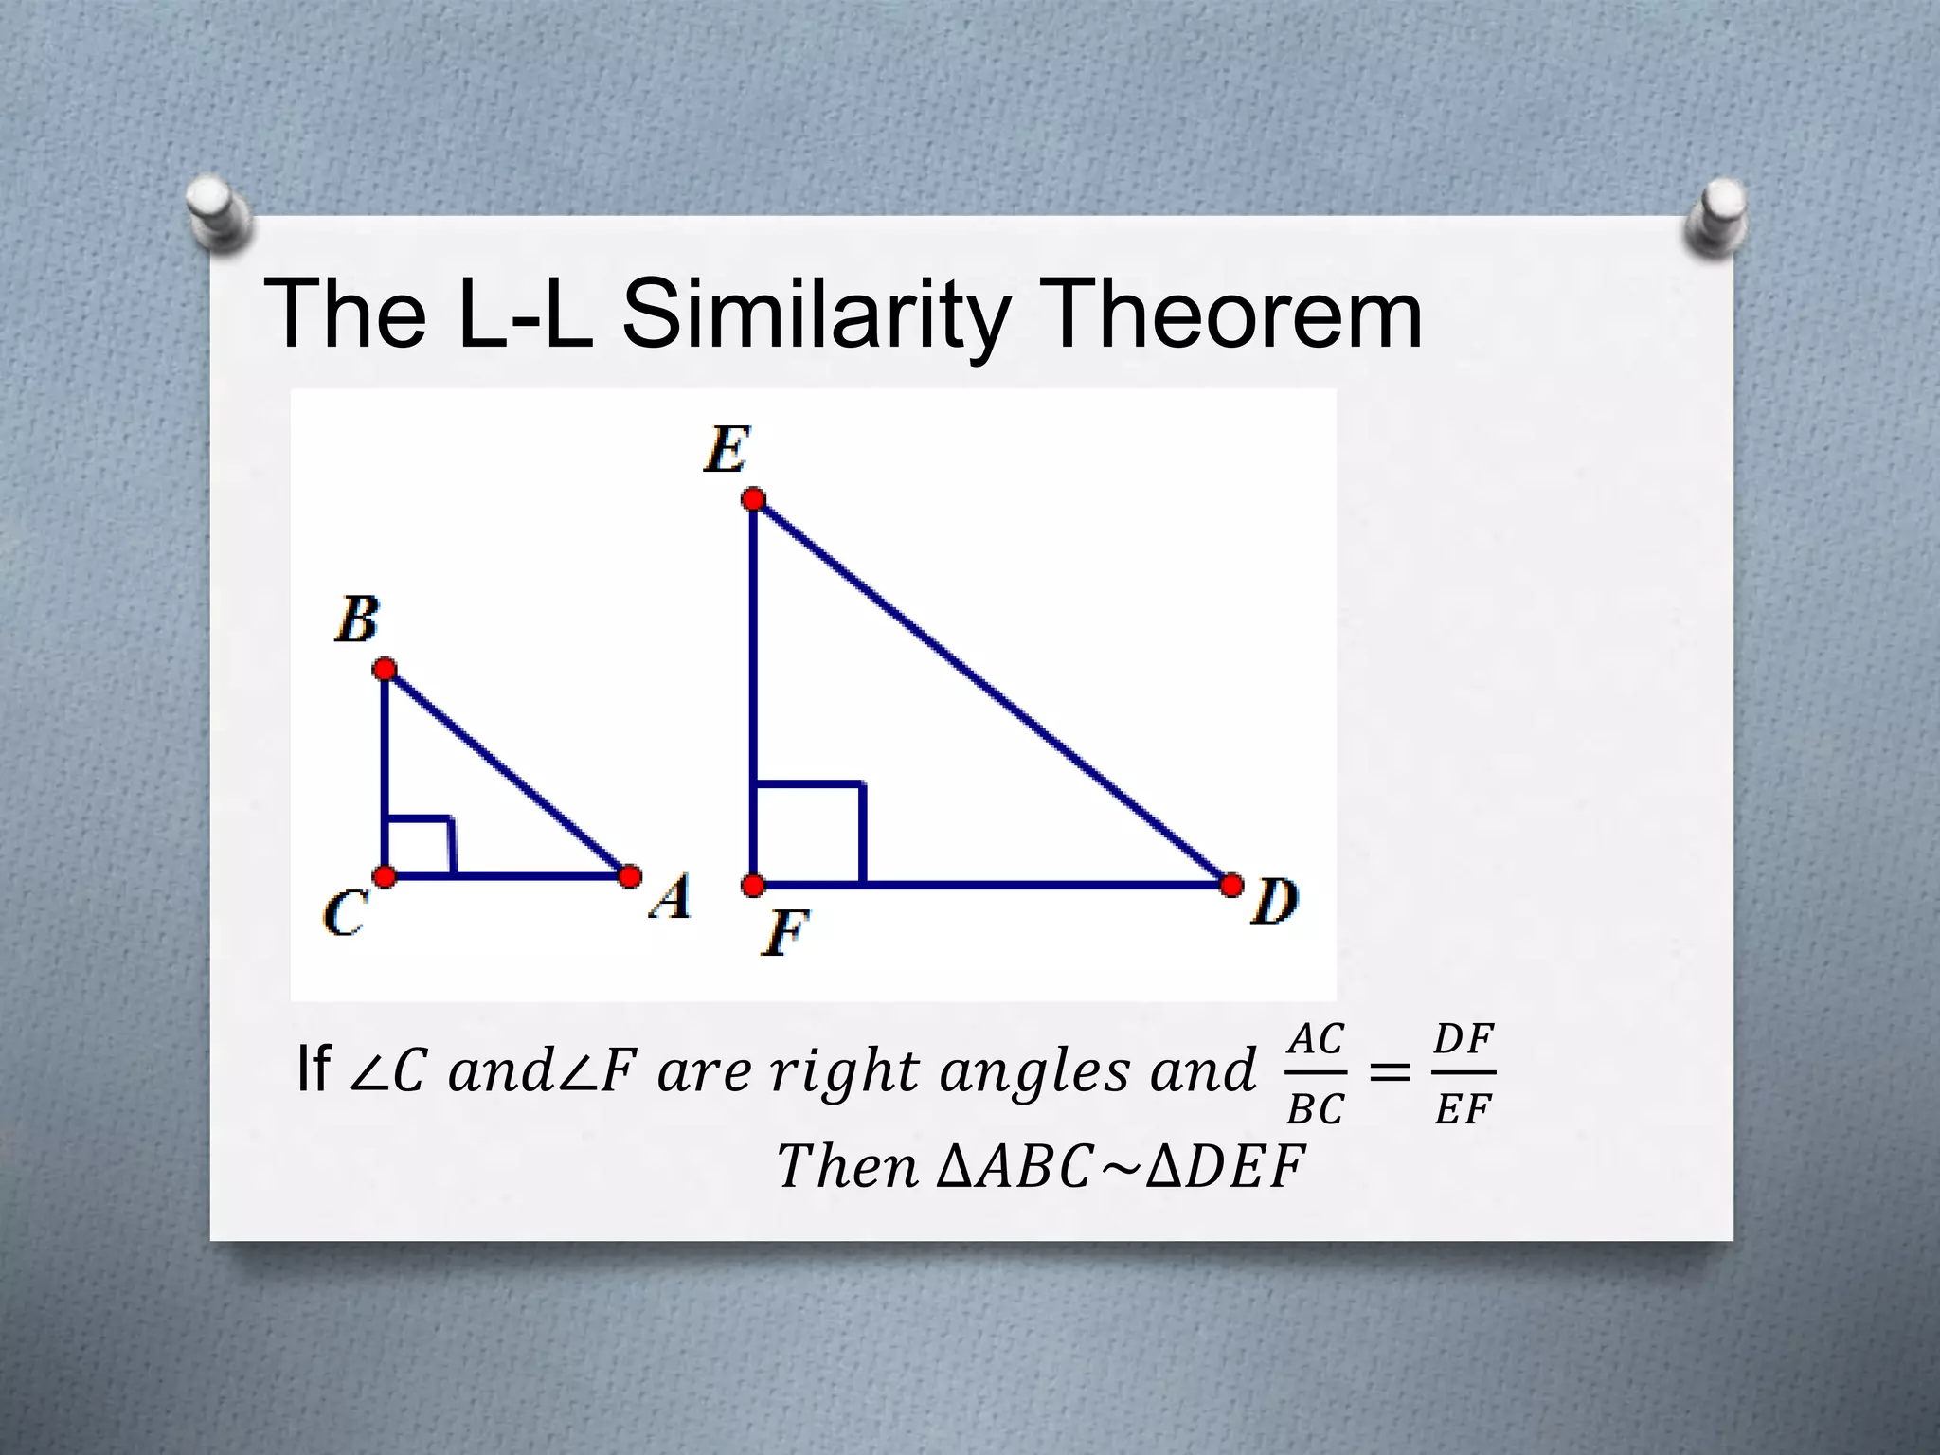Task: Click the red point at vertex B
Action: (385, 670)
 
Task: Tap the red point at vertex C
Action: (385, 876)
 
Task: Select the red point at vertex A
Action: (629, 876)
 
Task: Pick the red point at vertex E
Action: (753, 499)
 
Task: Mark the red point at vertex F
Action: (753, 886)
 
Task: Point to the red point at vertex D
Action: (1231, 886)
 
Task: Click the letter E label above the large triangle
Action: (727, 449)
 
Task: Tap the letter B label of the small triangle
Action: (357, 620)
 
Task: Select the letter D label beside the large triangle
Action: (1275, 901)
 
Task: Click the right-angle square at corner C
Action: (420, 845)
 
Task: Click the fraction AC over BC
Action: (1316, 1074)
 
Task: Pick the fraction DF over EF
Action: (1464, 1074)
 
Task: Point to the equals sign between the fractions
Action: (1390, 1074)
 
